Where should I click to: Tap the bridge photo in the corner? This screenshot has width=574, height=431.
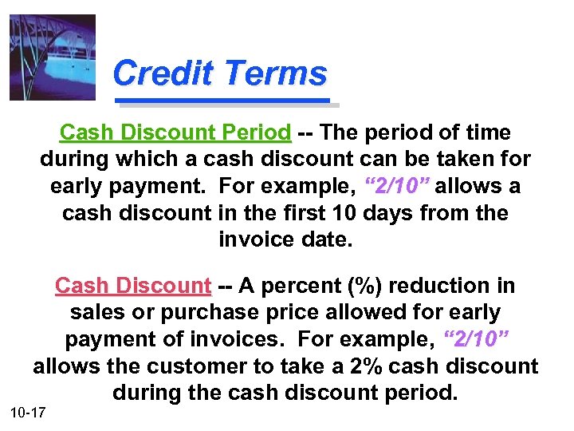point(53,57)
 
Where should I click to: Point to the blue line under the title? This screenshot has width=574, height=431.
point(223,101)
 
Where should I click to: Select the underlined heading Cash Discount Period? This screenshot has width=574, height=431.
point(175,132)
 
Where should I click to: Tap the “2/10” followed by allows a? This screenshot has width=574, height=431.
point(397,186)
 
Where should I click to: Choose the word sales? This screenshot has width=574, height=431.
point(96,313)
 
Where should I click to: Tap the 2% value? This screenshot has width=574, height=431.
point(372,367)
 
